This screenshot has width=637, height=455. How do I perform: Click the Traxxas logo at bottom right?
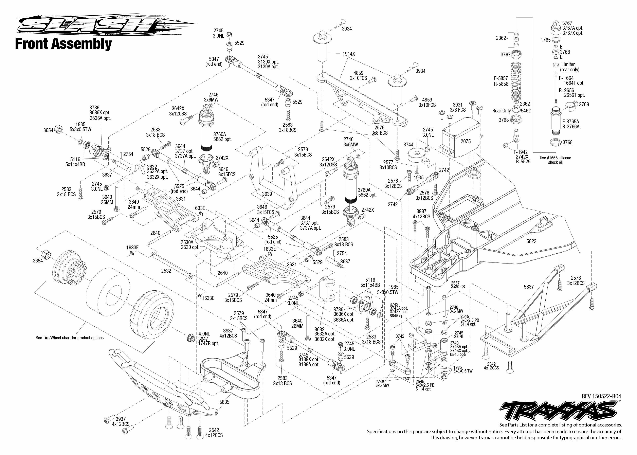pyautogui.click(x=559, y=411)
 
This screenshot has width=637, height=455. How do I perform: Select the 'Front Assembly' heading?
pyautogui.click(x=63, y=44)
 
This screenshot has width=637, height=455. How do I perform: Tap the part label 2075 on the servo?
pyautogui.click(x=466, y=142)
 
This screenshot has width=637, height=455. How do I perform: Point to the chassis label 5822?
pyautogui.click(x=531, y=241)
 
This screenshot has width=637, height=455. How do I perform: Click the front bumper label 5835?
pyautogui.click(x=224, y=402)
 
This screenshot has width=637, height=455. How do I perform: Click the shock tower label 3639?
pyautogui.click(x=267, y=194)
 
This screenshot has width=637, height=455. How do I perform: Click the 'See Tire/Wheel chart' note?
pyautogui.click(x=70, y=338)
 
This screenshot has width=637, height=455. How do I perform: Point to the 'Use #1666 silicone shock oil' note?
pyautogui.click(x=555, y=160)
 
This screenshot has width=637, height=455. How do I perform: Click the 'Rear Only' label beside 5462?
pyautogui.click(x=502, y=111)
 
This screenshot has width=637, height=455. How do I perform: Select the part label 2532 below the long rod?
pyautogui.click(x=166, y=271)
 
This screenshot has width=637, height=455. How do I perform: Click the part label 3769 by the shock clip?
pyautogui.click(x=584, y=104)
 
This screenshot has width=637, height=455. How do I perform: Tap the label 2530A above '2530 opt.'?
pyautogui.click(x=187, y=242)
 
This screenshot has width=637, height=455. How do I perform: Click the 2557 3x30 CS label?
pyautogui.click(x=458, y=285)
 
